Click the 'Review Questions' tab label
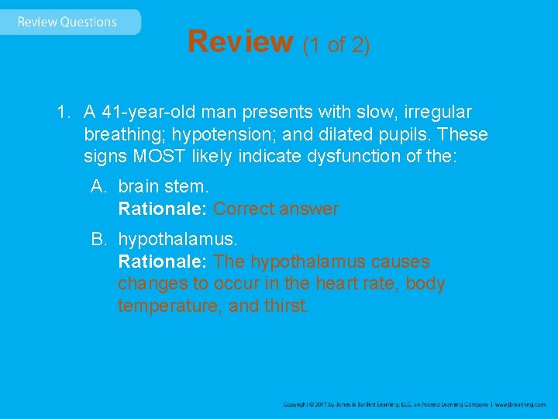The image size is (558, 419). point(67,22)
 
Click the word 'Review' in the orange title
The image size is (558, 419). point(240,42)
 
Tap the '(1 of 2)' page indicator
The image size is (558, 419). point(336,45)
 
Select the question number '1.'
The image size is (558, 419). point(64,113)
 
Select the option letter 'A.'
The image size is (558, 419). point(99,187)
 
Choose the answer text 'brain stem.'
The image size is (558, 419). point(163,187)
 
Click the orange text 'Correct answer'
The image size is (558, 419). point(276,209)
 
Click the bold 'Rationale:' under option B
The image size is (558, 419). point(163,261)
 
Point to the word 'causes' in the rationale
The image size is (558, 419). point(401,261)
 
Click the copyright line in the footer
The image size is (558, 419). point(414,404)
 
